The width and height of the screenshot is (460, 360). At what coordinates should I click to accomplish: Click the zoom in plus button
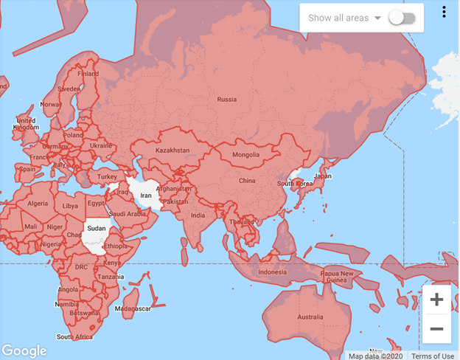tap(436, 300)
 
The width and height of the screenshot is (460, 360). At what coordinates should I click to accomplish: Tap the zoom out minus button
tap(436, 328)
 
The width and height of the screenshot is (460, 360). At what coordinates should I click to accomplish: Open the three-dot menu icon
tap(445, 12)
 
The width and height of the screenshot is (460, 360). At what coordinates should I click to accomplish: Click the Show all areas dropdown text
tap(339, 18)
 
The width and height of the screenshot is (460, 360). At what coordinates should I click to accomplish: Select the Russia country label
tap(226, 99)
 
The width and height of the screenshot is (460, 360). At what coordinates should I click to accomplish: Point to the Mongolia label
tap(245, 155)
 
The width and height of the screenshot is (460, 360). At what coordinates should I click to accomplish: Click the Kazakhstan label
tap(172, 150)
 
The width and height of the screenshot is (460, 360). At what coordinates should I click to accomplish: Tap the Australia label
tap(310, 318)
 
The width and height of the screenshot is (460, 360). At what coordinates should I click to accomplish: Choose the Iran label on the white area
tap(146, 196)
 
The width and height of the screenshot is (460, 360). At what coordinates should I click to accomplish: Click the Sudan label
tap(96, 229)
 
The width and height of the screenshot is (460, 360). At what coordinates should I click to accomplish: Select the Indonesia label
tap(272, 272)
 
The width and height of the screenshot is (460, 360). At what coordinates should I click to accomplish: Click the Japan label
tap(323, 176)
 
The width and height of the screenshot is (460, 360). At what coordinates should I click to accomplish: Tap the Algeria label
tap(37, 204)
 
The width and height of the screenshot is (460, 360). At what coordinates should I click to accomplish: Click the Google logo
tap(24, 351)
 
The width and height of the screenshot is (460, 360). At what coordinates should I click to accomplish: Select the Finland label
tap(88, 74)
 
